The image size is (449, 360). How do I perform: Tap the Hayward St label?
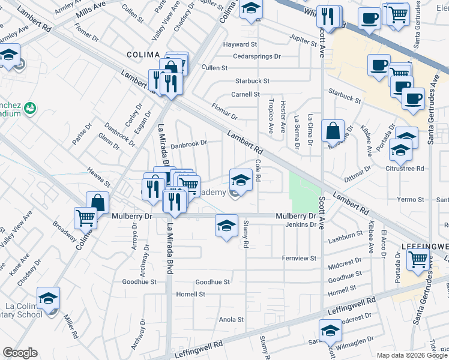click(240, 44)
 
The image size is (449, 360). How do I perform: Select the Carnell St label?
click(246, 94)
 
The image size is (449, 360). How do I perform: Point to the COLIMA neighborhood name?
click(142, 55)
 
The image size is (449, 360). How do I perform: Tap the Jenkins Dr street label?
click(301, 224)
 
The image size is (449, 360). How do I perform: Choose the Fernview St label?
click(299, 258)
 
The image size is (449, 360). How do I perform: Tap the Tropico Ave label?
click(271, 116)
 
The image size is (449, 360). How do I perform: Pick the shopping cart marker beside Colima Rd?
click(86, 218)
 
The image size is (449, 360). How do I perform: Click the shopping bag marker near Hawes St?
click(97, 203)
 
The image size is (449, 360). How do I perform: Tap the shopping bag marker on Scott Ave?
click(333, 130)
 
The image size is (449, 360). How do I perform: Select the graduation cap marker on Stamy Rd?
click(226, 226)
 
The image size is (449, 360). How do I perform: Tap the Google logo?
click(20, 353)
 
